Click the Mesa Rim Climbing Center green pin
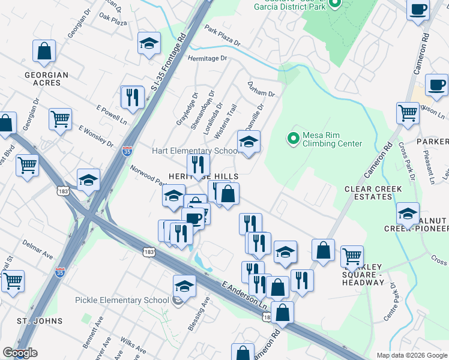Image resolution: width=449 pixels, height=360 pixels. pyautogui.click(x=293, y=139)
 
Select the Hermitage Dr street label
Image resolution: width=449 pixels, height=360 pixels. pyautogui.click(x=208, y=59)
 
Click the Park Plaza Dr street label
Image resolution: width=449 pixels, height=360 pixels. pyautogui.click(x=221, y=37)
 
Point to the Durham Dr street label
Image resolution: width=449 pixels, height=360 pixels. pyautogui.click(x=261, y=89)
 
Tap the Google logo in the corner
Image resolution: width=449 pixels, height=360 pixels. pyautogui.click(x=19, y=353)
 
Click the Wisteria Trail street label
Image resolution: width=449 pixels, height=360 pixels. pyautogui.click(x=231, y=118)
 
